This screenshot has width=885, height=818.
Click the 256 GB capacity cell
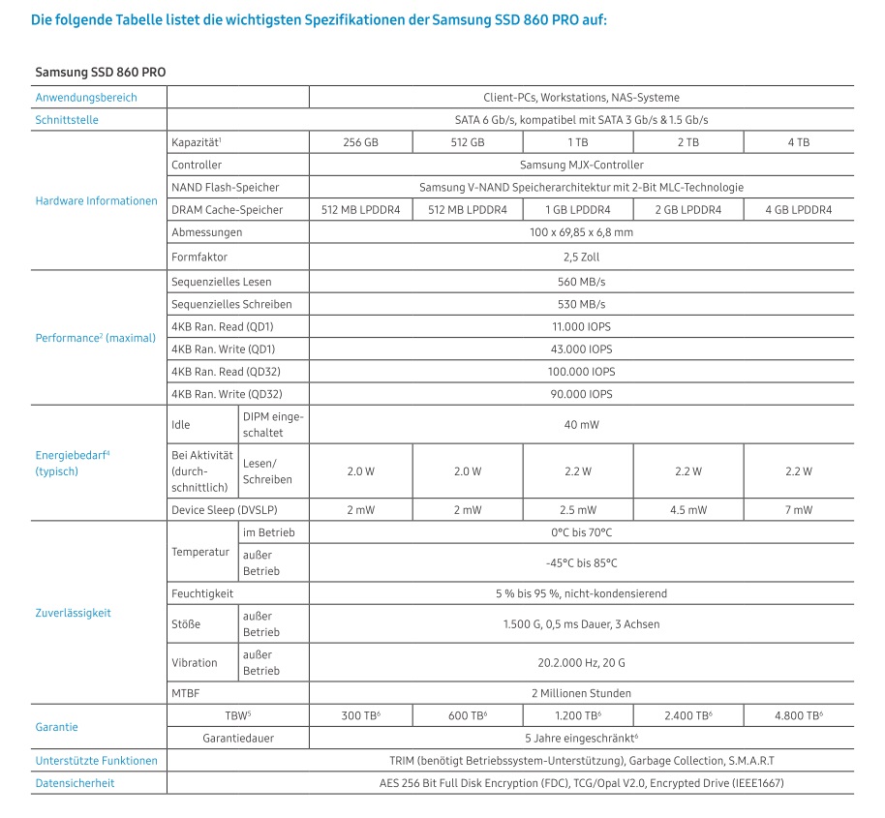click(360, 142)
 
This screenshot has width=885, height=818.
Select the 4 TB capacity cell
click(798, 142)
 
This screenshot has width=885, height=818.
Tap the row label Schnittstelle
click(67, 120)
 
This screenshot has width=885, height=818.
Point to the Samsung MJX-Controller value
click(581, 165)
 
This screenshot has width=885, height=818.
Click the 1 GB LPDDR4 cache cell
click(579, 210)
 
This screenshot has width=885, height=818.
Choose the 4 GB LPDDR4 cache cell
click(798, 210)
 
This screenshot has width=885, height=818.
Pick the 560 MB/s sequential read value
click(581, 282)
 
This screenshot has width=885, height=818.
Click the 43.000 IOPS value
click(581, 348)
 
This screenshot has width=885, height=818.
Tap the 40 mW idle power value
click(581, 424)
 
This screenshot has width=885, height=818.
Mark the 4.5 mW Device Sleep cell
click(688, 510)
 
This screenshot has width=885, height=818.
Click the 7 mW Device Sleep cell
click(798, 510)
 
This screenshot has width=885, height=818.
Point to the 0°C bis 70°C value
click(581, 532)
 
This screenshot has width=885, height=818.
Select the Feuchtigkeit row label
click(198, 593)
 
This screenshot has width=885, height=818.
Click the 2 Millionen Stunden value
click(581, 693)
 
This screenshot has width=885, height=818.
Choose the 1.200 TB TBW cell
click(579, 715)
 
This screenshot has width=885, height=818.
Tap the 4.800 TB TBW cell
click(798, 715)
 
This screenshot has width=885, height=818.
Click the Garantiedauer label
click(237, 738)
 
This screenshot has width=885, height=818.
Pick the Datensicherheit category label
click(75, 782)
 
